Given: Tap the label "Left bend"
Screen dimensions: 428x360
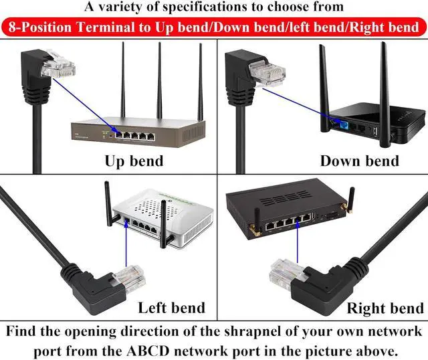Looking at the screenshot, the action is [x=171, y=308].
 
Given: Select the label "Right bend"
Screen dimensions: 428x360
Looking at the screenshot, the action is [x=385, y=308].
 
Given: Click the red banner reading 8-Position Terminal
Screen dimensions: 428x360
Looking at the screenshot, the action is [x=214, y=27].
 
